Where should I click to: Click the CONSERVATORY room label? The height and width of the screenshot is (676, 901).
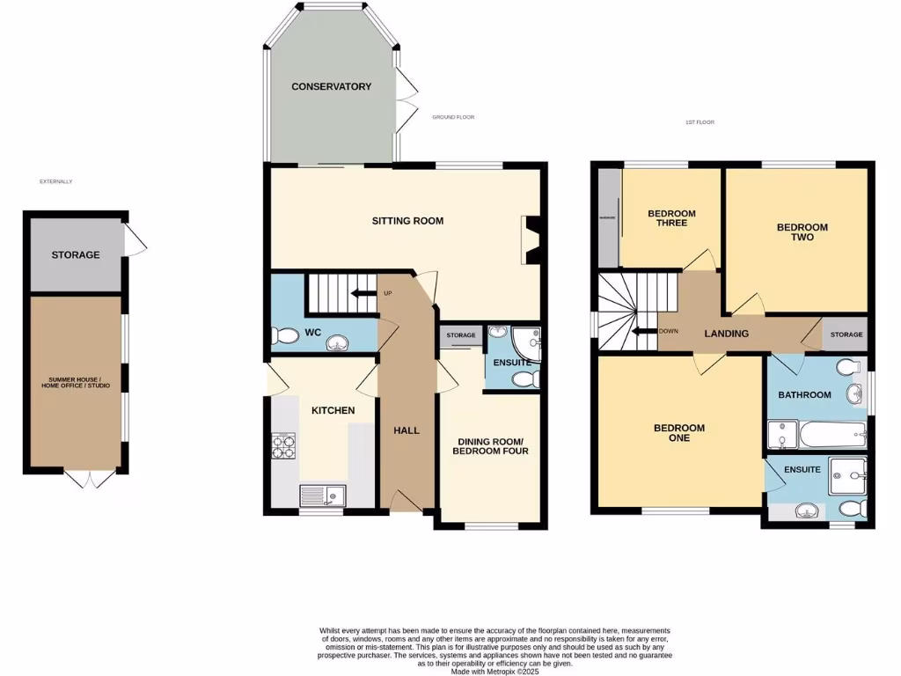[331, 86]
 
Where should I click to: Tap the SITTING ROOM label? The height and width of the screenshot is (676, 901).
[407, 221]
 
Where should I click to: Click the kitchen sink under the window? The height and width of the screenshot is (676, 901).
[318, 496]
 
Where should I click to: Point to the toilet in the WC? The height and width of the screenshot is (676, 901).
[284, 336]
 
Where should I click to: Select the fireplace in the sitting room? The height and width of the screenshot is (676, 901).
[531, 239]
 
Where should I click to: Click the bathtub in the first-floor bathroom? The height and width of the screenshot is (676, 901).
[832, 434]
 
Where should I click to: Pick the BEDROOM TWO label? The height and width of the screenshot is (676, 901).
[802, 232]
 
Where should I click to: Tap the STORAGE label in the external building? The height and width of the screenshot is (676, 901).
[75, 255]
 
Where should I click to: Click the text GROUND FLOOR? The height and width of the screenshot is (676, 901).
[453, 117]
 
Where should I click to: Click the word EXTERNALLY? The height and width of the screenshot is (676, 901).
[55, 181]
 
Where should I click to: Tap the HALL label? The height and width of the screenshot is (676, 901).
[407, 430]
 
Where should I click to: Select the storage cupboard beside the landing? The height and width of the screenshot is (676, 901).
[846, 334]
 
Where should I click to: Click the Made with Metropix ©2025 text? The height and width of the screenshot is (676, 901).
[494, 671]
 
